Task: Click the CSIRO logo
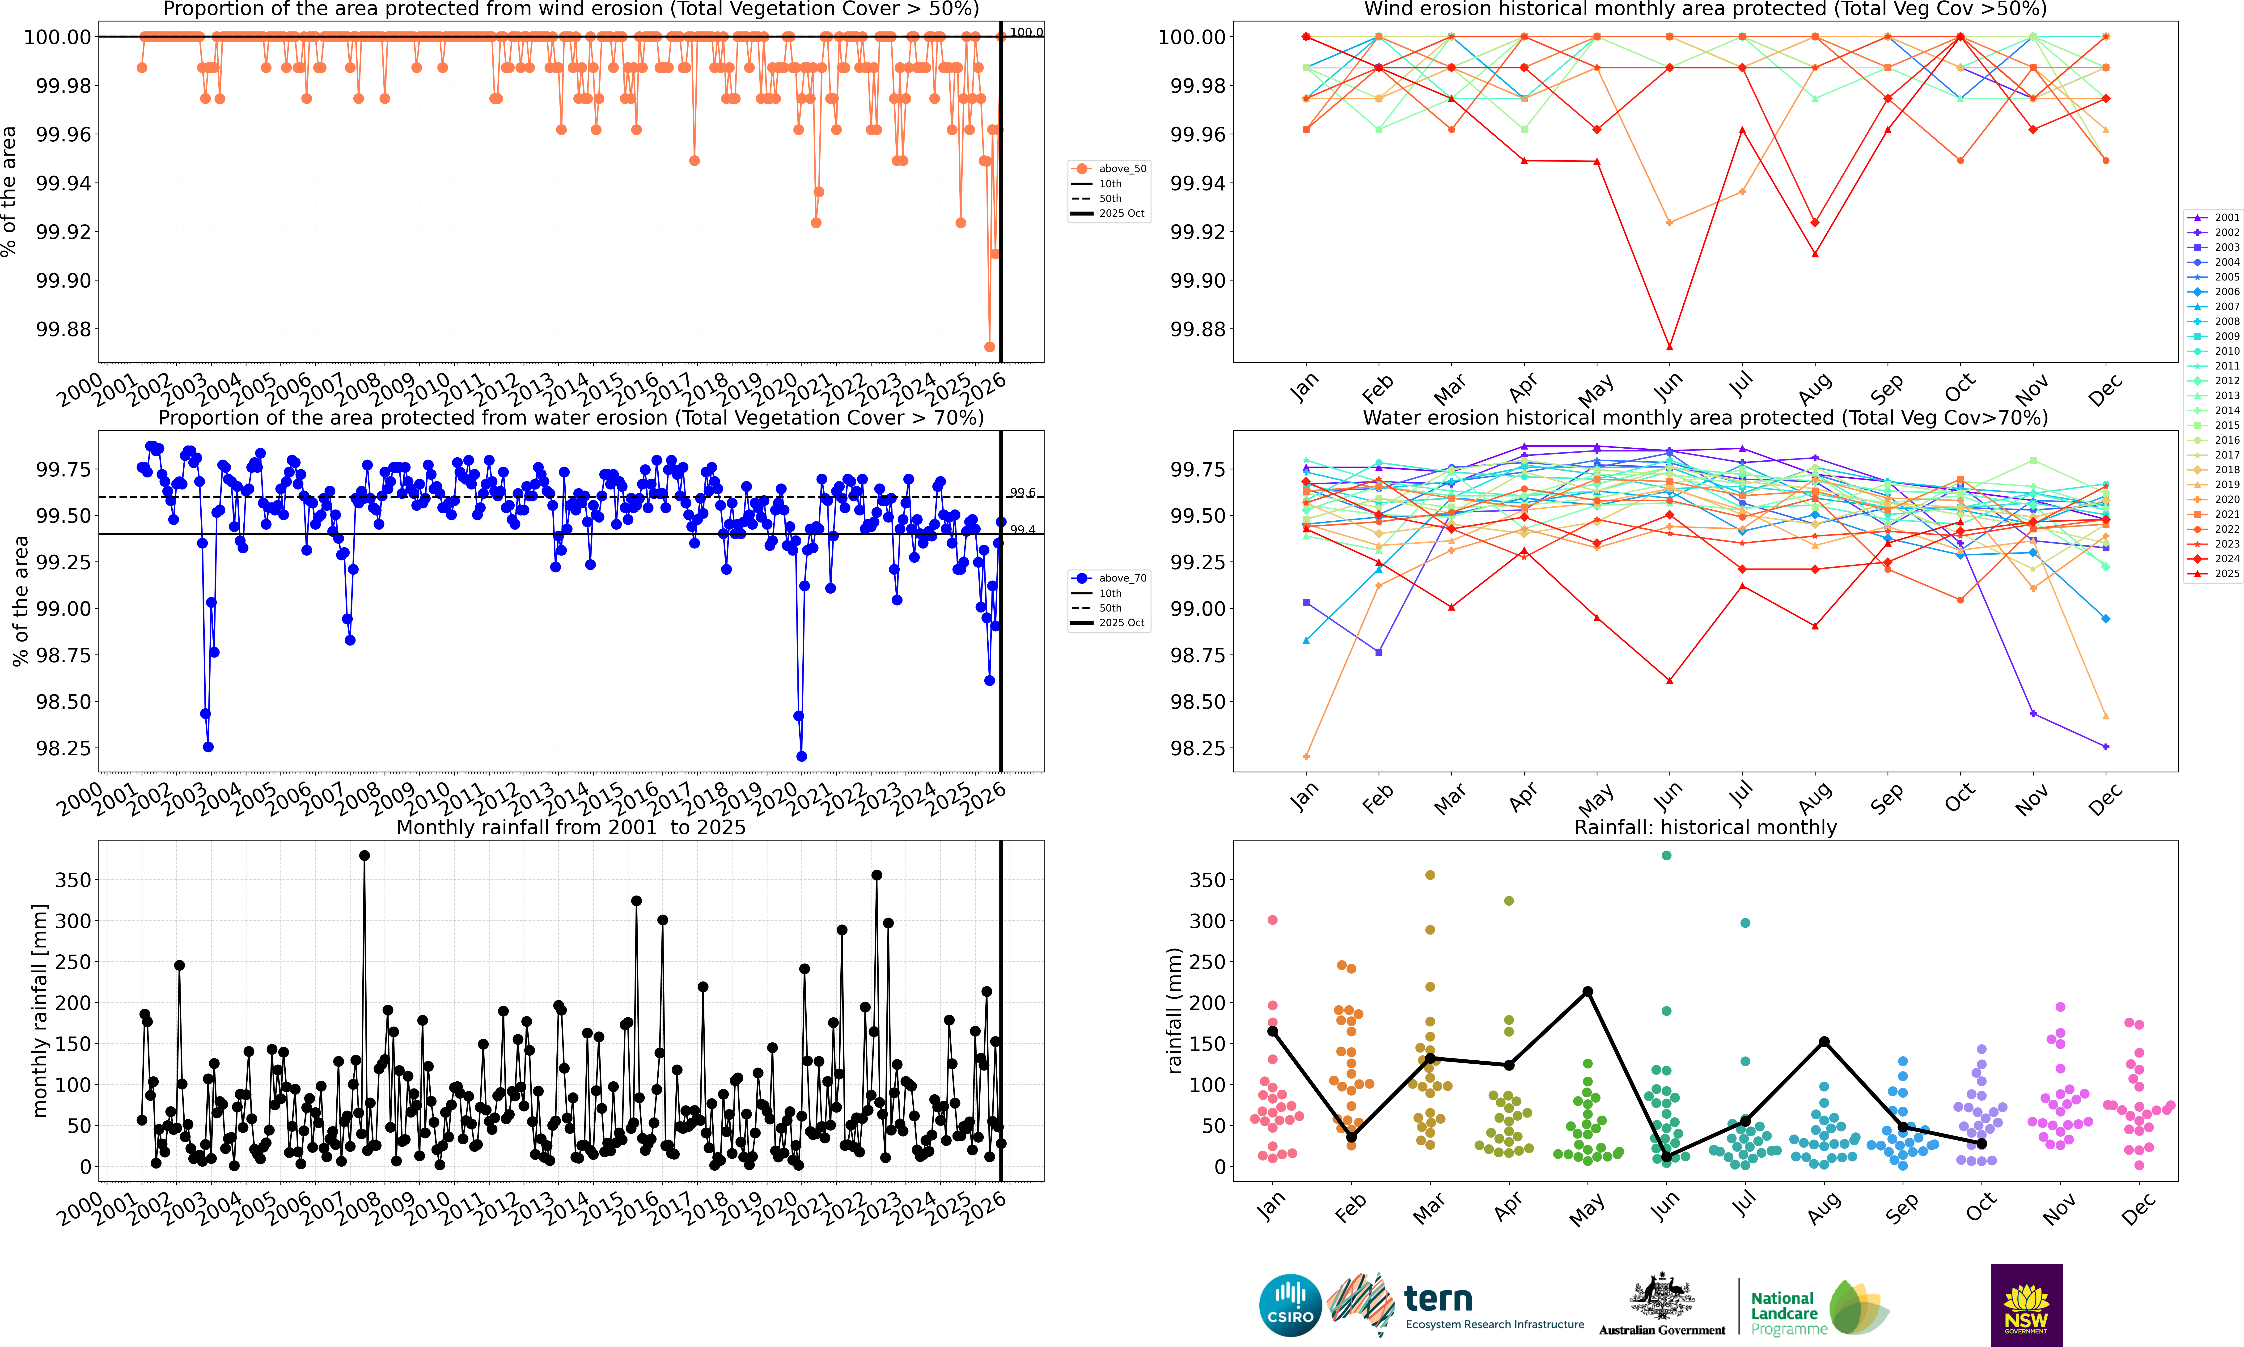click(x=1289, y=1305)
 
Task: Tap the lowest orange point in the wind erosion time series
click(x=989, y=347)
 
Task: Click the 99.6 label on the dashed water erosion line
click(x=1023, y=492)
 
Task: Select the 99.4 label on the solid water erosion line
click(x=1023, y=529)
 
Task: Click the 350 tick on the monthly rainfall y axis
click(x=73, y=880)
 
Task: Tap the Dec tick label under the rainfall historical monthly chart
click(x=2137, y=1209)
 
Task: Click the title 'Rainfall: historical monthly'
click(x=1705, y=827)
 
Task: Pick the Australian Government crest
click(x=1661, y=1296)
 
